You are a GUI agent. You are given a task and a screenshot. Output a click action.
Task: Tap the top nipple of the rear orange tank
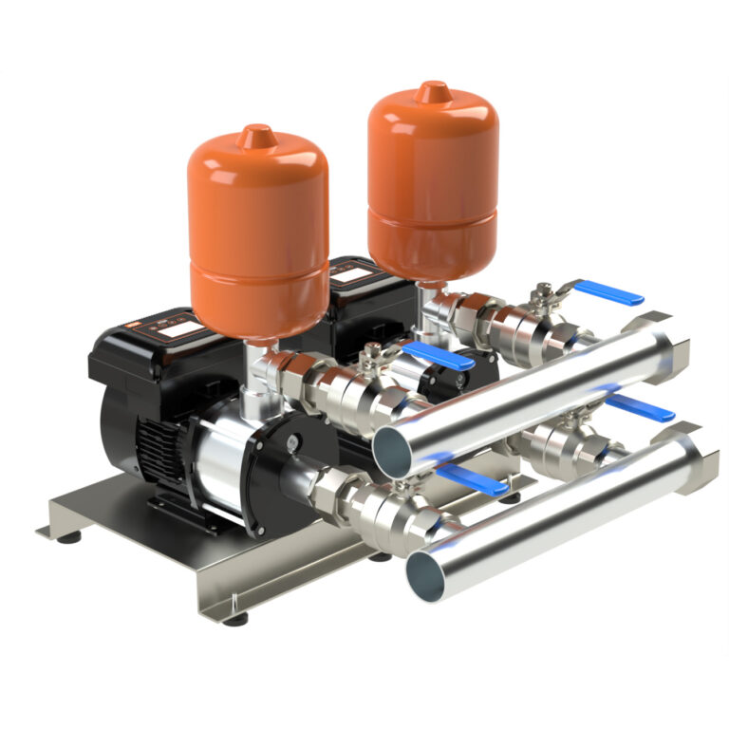click(x=434, y=91)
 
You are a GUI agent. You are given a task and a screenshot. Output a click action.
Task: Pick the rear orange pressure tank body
click(x=433, y=180)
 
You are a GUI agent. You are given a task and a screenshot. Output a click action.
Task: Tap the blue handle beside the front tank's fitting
click(x=436, y=357)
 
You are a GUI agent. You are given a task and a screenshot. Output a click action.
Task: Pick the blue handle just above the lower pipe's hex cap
click(x=639, y=407)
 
